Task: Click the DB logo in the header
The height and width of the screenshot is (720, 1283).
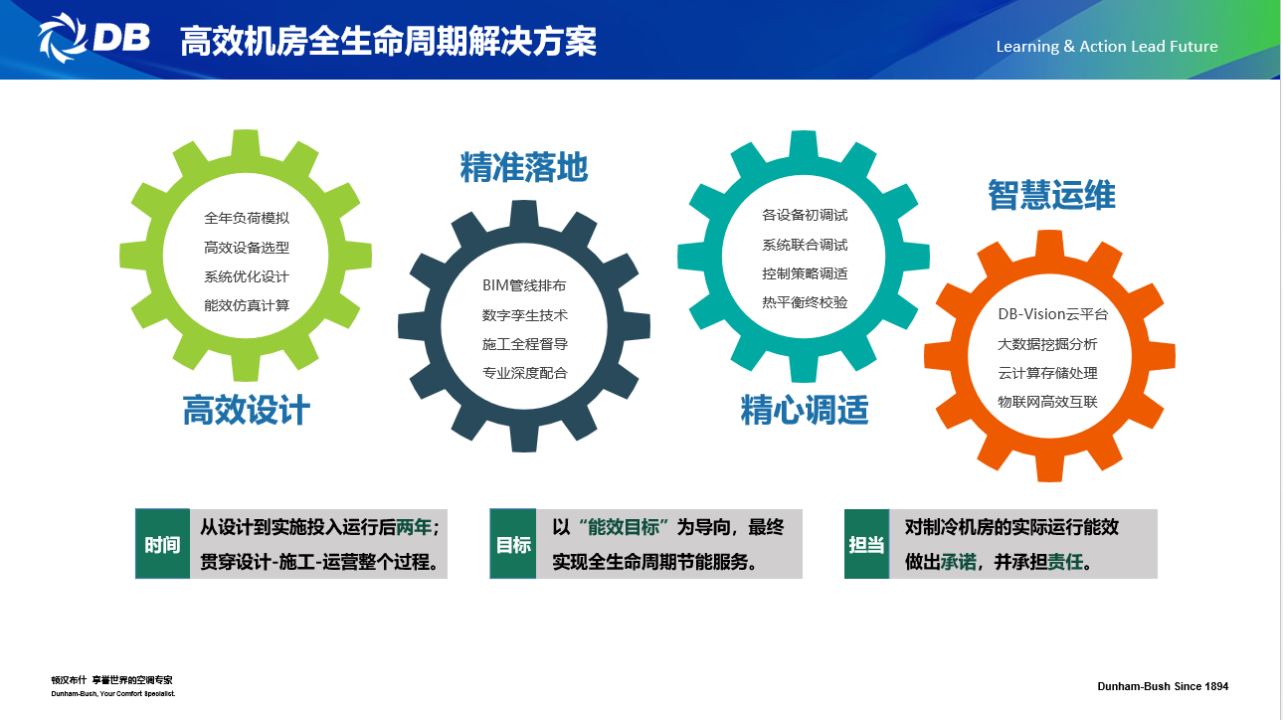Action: point(93,38)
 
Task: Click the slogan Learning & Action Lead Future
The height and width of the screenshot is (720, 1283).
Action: point(1107,47)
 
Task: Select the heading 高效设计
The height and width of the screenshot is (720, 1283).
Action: point(247,410)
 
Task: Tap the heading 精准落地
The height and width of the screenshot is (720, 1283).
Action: point(523,167)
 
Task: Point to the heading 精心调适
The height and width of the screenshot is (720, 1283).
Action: point(805,410)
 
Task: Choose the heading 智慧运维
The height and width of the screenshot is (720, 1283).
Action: point(1051,195)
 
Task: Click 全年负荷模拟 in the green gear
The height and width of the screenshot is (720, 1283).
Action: point(247,218)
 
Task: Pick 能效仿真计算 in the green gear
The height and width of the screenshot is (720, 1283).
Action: point(247,305)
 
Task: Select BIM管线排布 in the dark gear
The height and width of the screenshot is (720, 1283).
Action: point(524,285)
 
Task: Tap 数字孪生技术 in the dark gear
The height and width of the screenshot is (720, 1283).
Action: point(525,315)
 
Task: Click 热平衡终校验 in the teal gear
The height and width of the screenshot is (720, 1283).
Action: point(805,302)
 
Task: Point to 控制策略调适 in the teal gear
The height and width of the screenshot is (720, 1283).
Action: point(805,273)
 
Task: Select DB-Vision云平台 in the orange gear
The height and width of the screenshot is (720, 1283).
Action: point(1052,314)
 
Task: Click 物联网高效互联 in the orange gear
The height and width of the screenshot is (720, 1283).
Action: point(1047,402)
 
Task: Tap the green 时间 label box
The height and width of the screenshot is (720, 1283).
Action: point(163,544)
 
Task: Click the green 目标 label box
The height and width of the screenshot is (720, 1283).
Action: point(513,544)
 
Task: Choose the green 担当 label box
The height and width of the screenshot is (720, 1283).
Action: point(866,544)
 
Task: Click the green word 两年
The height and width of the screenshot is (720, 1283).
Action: point(414,527)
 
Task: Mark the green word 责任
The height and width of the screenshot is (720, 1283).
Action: point(1065,562)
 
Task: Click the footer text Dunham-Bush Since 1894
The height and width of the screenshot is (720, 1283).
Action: point(1163,686)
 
